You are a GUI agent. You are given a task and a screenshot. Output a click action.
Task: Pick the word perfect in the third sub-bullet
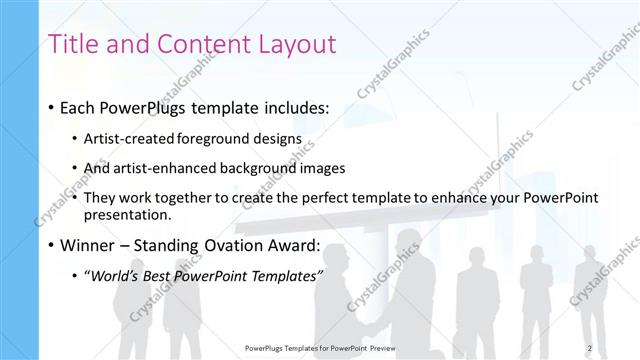pos(309,197)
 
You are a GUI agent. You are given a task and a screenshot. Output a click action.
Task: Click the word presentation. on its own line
pos(129,214)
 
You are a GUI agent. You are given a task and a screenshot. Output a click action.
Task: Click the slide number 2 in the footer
pos(590,347)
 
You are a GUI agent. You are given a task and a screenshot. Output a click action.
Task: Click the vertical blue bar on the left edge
pos(19,180)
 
